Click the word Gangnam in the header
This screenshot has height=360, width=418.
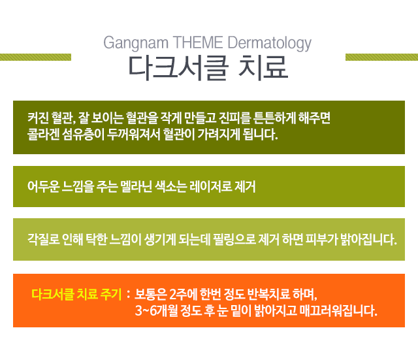coord(136,43)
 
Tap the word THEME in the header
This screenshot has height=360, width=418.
coord(198,42)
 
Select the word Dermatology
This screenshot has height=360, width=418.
coord(270,43)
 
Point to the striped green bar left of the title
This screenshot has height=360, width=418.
coord(35,57)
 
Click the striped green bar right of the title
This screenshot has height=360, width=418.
coord(381,57)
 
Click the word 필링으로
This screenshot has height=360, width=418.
coord(234,239)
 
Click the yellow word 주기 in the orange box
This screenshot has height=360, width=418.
coord(111,294)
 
